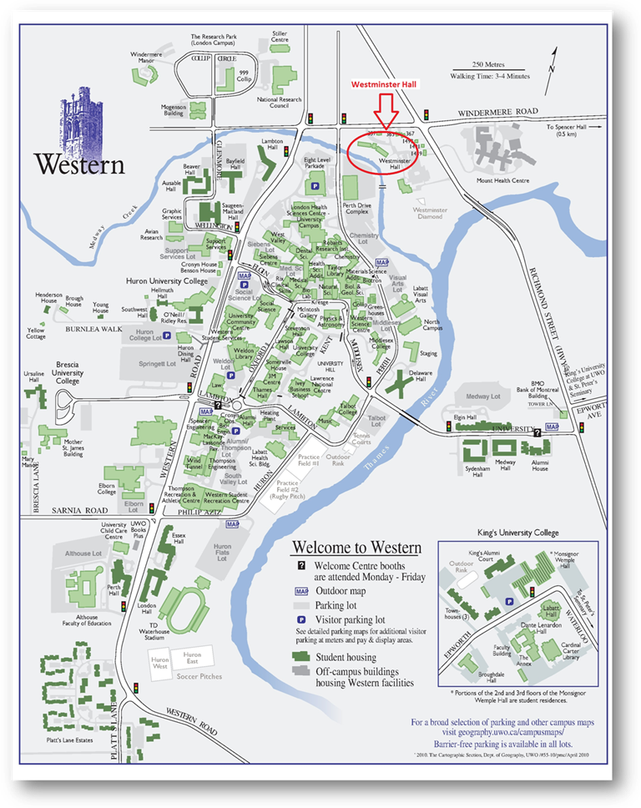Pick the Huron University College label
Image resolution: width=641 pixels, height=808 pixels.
[x=167, y=281]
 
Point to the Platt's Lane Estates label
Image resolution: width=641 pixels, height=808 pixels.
[x=64, y=740]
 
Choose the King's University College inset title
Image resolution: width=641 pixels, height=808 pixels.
[x=518, y=532]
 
